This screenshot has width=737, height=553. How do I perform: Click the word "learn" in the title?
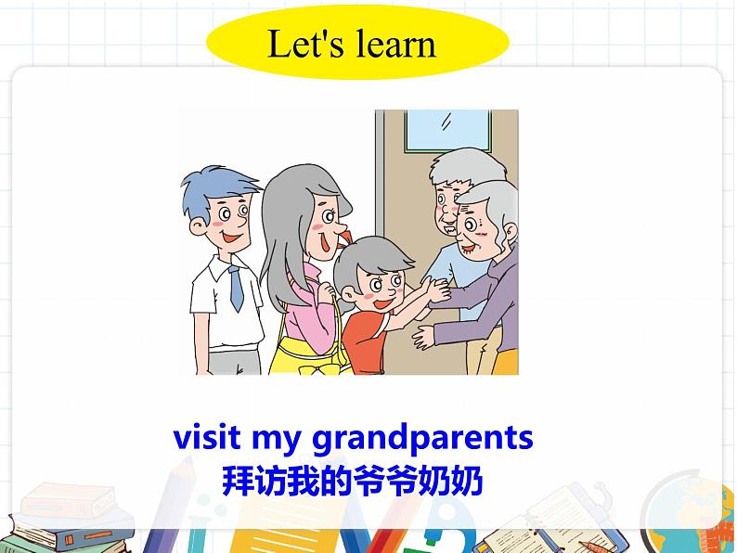pyautogui.click(x=390, y=44)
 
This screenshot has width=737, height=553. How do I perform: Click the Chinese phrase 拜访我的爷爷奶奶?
pyautogui.click(x=354, y=481)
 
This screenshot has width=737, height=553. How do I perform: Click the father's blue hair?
pyautogui.click(x=215, y=185)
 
